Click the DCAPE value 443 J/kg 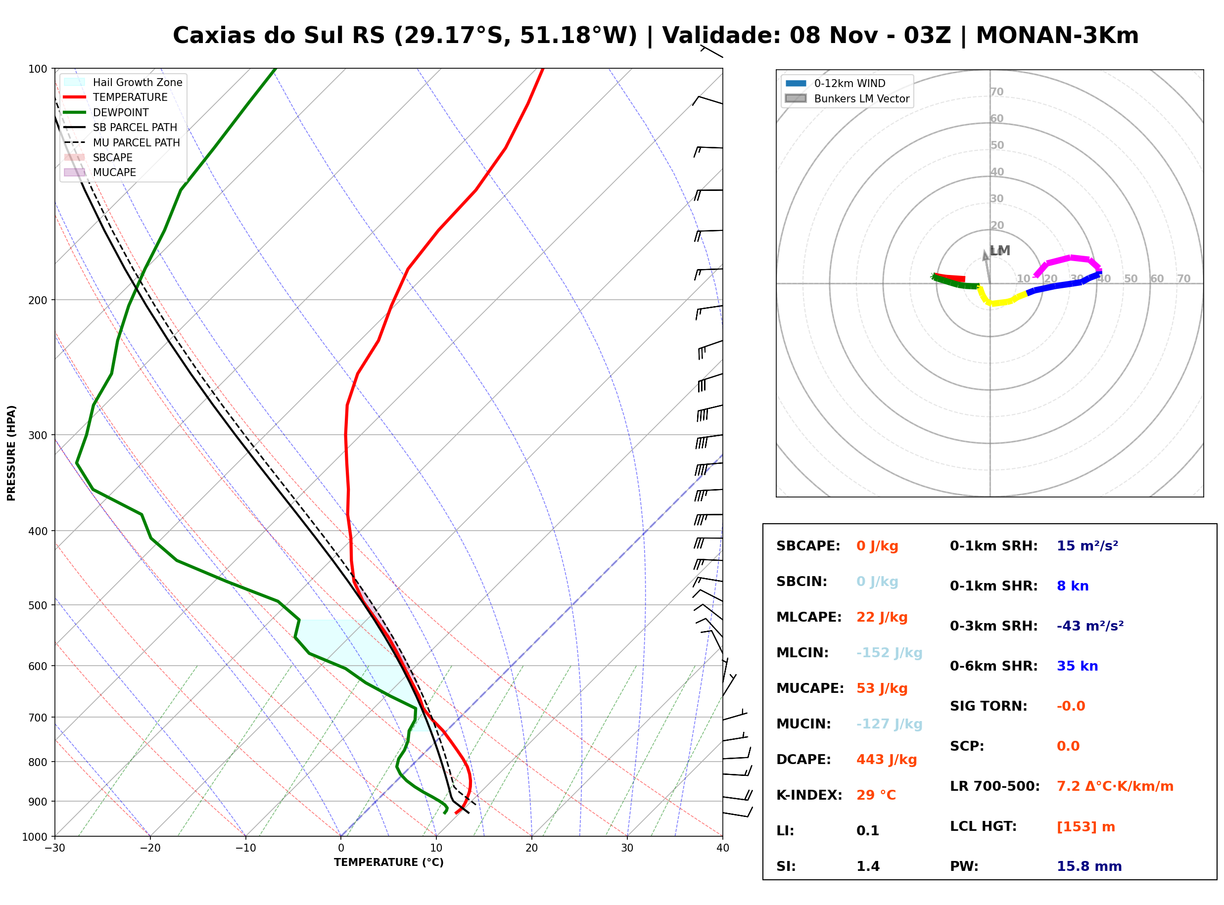click(x=887, y=760)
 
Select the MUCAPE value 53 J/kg click(x=882, y=688)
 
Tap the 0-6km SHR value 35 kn click(x=1077, y=666)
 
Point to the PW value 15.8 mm click(x=1089, y=866)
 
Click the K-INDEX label click(x=809, y=795)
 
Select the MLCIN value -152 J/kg click(x=889, y=653)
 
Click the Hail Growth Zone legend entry click(x=123, y=82)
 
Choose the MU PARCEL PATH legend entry click(x=122, y=142)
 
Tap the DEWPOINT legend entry click(x=106, y=112)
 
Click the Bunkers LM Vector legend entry click(x=847, y=98)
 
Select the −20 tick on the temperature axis click(x=150, y=848)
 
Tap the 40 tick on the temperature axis click(x=722, y=848)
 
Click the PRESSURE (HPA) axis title click(x=11, y=453)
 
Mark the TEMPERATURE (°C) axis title click(x=389, y=862)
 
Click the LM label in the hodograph click(x=1000, y=251)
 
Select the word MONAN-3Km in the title click(x=1057, y=36)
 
